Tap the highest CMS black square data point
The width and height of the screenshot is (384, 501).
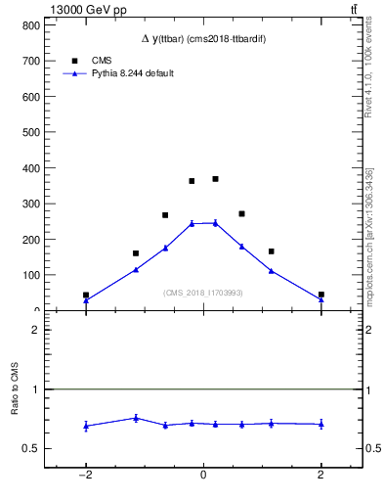pyautogui.click(x=215, y=179)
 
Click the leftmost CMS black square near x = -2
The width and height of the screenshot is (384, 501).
pyautogui.click(x=86, y=295)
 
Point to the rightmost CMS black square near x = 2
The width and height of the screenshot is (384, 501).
pyautogui.click(x=320, y=295)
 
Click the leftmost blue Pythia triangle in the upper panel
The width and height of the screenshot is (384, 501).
pyautogui.click(x=86, y=300)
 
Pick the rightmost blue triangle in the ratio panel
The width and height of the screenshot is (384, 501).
pyautogui.click(x=320, y=424)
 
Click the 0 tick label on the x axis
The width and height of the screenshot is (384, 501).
pyautogui.click(x=203, y=475)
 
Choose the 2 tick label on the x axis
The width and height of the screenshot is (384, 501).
pyautogui.click(x=320, y=475)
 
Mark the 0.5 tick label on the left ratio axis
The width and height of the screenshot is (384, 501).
pyautogui.click(x=30, y=449)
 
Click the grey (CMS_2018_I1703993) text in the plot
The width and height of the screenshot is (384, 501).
pyautogui.click(x=203, y=293)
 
